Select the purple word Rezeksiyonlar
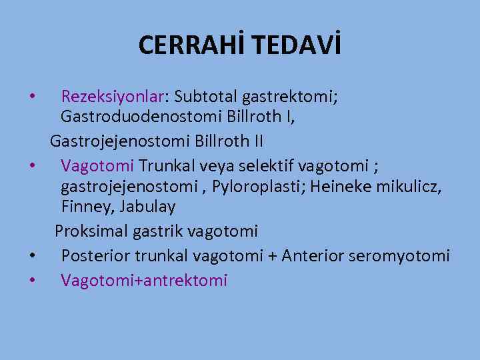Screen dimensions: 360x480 pos(115,97)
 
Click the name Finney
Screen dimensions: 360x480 pos(84,207)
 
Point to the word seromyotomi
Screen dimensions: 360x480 pos(409,255)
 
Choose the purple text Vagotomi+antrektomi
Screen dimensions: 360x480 pos(144,280)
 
